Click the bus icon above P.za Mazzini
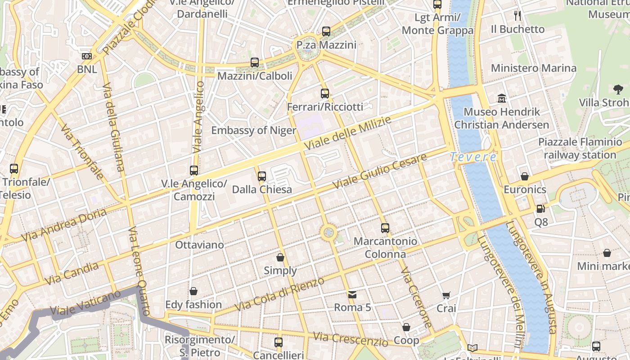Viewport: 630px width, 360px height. click(326, 31)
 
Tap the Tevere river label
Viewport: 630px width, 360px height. click(473, 157)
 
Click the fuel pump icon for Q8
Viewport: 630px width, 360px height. click(540, 209)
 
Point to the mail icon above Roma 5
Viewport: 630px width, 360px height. click(352, 295)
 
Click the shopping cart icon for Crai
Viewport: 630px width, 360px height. click(446, 296)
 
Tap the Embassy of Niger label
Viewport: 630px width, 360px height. click(254, 130)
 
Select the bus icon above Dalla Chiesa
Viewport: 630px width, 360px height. click(262, 176)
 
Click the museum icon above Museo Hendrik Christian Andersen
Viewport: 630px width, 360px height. click(501, 99)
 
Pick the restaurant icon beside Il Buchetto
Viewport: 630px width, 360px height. click(517, 16)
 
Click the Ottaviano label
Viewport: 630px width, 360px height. click(199, 245)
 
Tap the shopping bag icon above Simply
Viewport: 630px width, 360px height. click(280, 258)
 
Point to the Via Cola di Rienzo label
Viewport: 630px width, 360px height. click(279, 294)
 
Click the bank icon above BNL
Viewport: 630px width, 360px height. click(87, 56)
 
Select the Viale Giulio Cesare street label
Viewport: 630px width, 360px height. click(379, 171)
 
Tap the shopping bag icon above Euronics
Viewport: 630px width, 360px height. click(525, 176)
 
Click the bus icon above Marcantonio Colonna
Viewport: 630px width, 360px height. click(385, 228)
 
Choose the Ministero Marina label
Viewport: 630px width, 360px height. click(533, 68)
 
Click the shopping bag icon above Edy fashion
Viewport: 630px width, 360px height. click(193, 292)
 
